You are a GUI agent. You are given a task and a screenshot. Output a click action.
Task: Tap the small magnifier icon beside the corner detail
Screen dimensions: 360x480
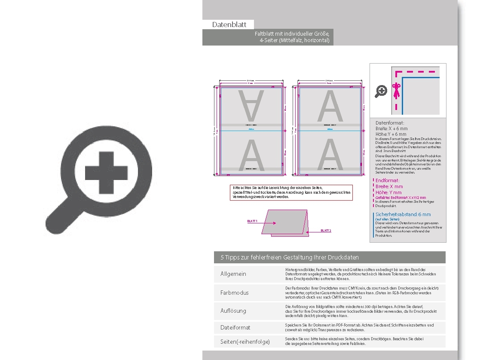381,92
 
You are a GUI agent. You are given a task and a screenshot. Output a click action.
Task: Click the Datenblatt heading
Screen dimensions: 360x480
229,25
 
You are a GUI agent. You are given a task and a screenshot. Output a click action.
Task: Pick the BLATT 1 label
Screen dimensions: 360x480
252,221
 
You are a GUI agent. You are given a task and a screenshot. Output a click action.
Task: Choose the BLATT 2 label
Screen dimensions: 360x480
326,231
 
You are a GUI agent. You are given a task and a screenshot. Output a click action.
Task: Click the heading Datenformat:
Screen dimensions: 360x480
390,123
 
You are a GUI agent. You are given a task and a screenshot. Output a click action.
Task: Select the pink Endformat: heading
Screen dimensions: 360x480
387,181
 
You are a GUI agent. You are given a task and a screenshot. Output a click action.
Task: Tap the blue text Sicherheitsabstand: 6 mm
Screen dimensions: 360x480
403,214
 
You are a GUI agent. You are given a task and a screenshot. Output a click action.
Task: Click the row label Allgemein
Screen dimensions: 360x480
233,274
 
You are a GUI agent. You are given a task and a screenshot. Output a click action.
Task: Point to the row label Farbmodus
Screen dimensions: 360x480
234,293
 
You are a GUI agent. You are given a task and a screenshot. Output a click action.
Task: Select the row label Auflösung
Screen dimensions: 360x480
233,311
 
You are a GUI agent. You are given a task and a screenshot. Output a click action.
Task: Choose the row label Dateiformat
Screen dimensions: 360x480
235,327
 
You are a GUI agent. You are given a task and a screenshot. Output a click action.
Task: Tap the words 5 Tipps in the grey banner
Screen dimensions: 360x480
230,257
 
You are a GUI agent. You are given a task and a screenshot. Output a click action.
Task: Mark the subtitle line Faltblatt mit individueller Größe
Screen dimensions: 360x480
292,34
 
